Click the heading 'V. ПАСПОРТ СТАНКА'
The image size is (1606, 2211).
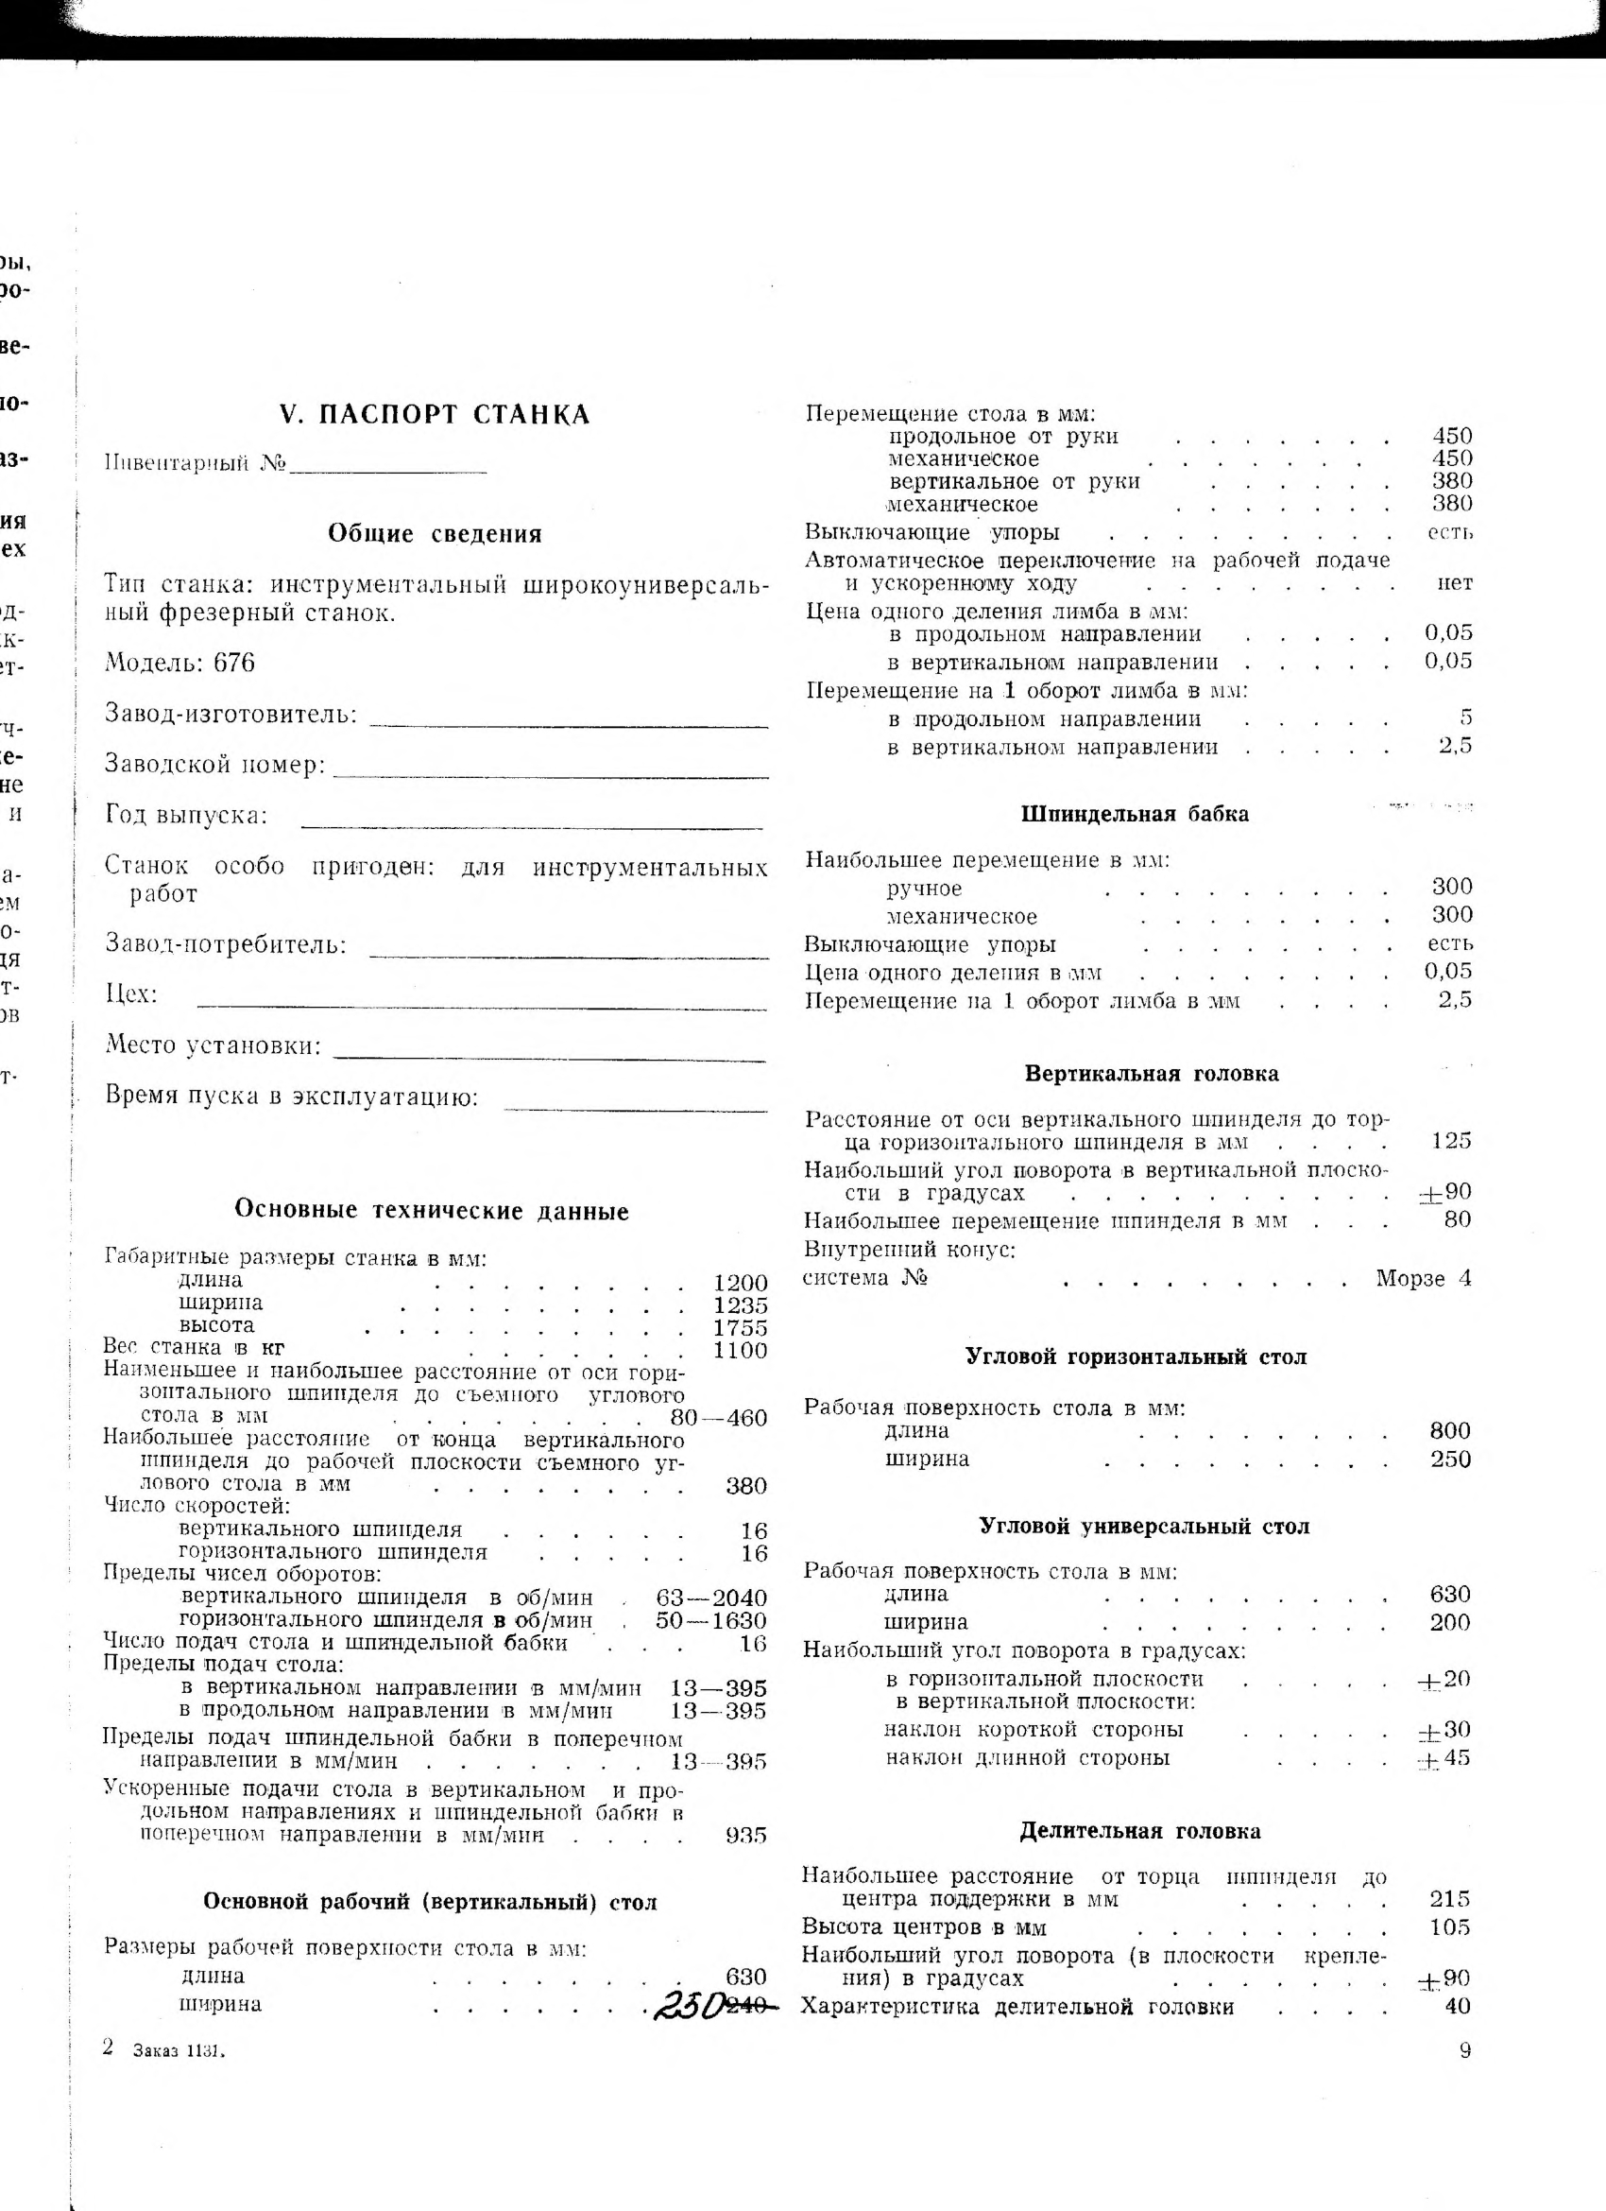pos(435,415)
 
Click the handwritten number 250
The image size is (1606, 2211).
pos(689,2005)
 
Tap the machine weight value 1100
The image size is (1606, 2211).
pos(741,1350)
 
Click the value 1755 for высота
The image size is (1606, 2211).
pos(741,1328)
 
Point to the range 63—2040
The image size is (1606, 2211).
pos(711,1598)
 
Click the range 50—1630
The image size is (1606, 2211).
pos(711,1620)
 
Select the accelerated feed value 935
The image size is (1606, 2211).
pos(746,1836)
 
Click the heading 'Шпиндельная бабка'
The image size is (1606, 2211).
pos(1136,814)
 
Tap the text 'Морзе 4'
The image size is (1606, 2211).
pos(1424,1278)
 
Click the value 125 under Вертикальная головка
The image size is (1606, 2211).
pos(1451,1141)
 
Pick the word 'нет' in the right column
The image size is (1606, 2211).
pos(1455,583)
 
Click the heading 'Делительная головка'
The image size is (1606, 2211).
pos(1140,1831)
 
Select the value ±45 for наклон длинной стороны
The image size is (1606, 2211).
pos(1444,1757)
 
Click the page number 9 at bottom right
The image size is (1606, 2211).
pos(1465,2050)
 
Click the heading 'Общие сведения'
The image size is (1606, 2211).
pos(435,534)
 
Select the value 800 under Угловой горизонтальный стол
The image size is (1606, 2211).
pos(1451,1431)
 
